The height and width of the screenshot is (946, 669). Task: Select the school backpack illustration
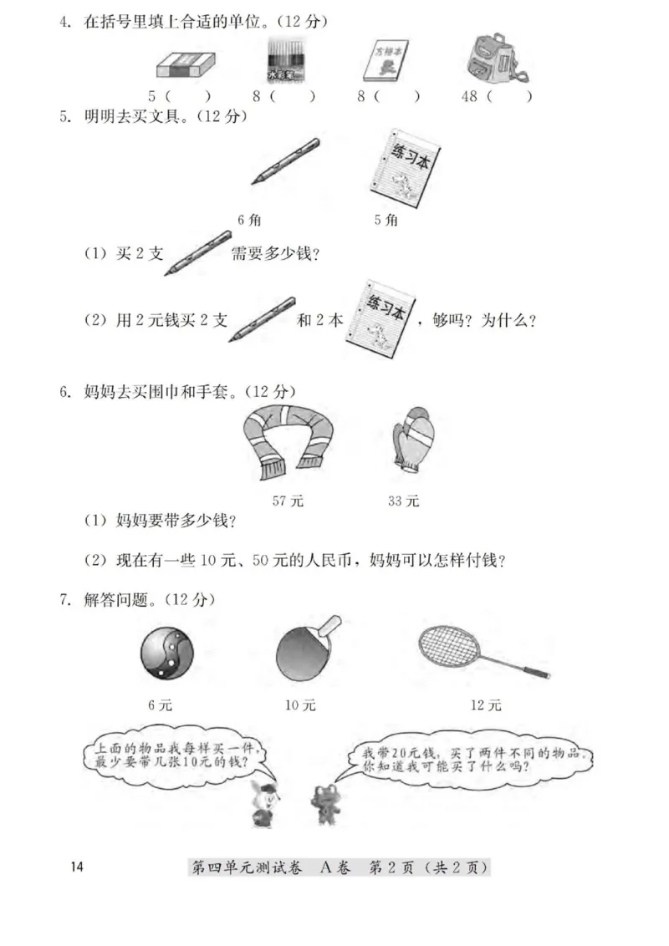click(494, 60)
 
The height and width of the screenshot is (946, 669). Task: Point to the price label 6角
click(249, 220)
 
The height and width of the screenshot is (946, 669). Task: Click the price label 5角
click(386, 220)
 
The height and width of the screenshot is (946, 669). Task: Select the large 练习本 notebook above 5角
click(408, 167)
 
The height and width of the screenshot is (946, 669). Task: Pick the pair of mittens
click(413, 442)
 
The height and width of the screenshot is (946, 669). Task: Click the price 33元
click(404, 501)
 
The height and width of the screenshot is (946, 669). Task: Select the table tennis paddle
click(305, 650)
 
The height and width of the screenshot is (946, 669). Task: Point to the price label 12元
click(485, 705)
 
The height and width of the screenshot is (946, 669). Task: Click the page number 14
click(78, 867)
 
